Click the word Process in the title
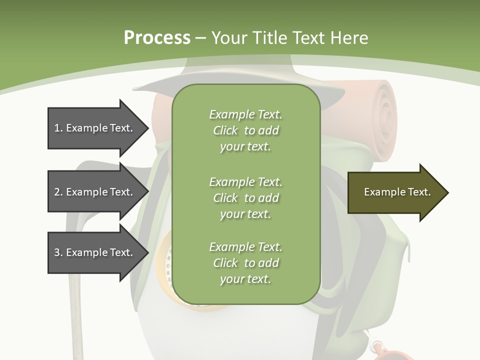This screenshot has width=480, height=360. click(157, 37)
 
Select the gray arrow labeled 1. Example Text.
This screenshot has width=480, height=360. click(95, 128)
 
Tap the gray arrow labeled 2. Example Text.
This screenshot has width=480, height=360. click(95, 192)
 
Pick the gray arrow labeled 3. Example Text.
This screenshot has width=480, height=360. click(95, 252)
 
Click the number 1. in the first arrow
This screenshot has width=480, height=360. click(58, 128)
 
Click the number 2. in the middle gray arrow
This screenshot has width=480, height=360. click(58, 192)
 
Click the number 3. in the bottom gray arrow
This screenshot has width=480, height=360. click(58, 252)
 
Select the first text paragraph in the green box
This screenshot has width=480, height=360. click(245, 130)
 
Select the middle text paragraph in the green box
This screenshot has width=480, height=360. click(245, 197)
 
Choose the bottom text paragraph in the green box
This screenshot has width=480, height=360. click(245, 263)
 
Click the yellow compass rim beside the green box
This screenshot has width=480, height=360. click(163, 265)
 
